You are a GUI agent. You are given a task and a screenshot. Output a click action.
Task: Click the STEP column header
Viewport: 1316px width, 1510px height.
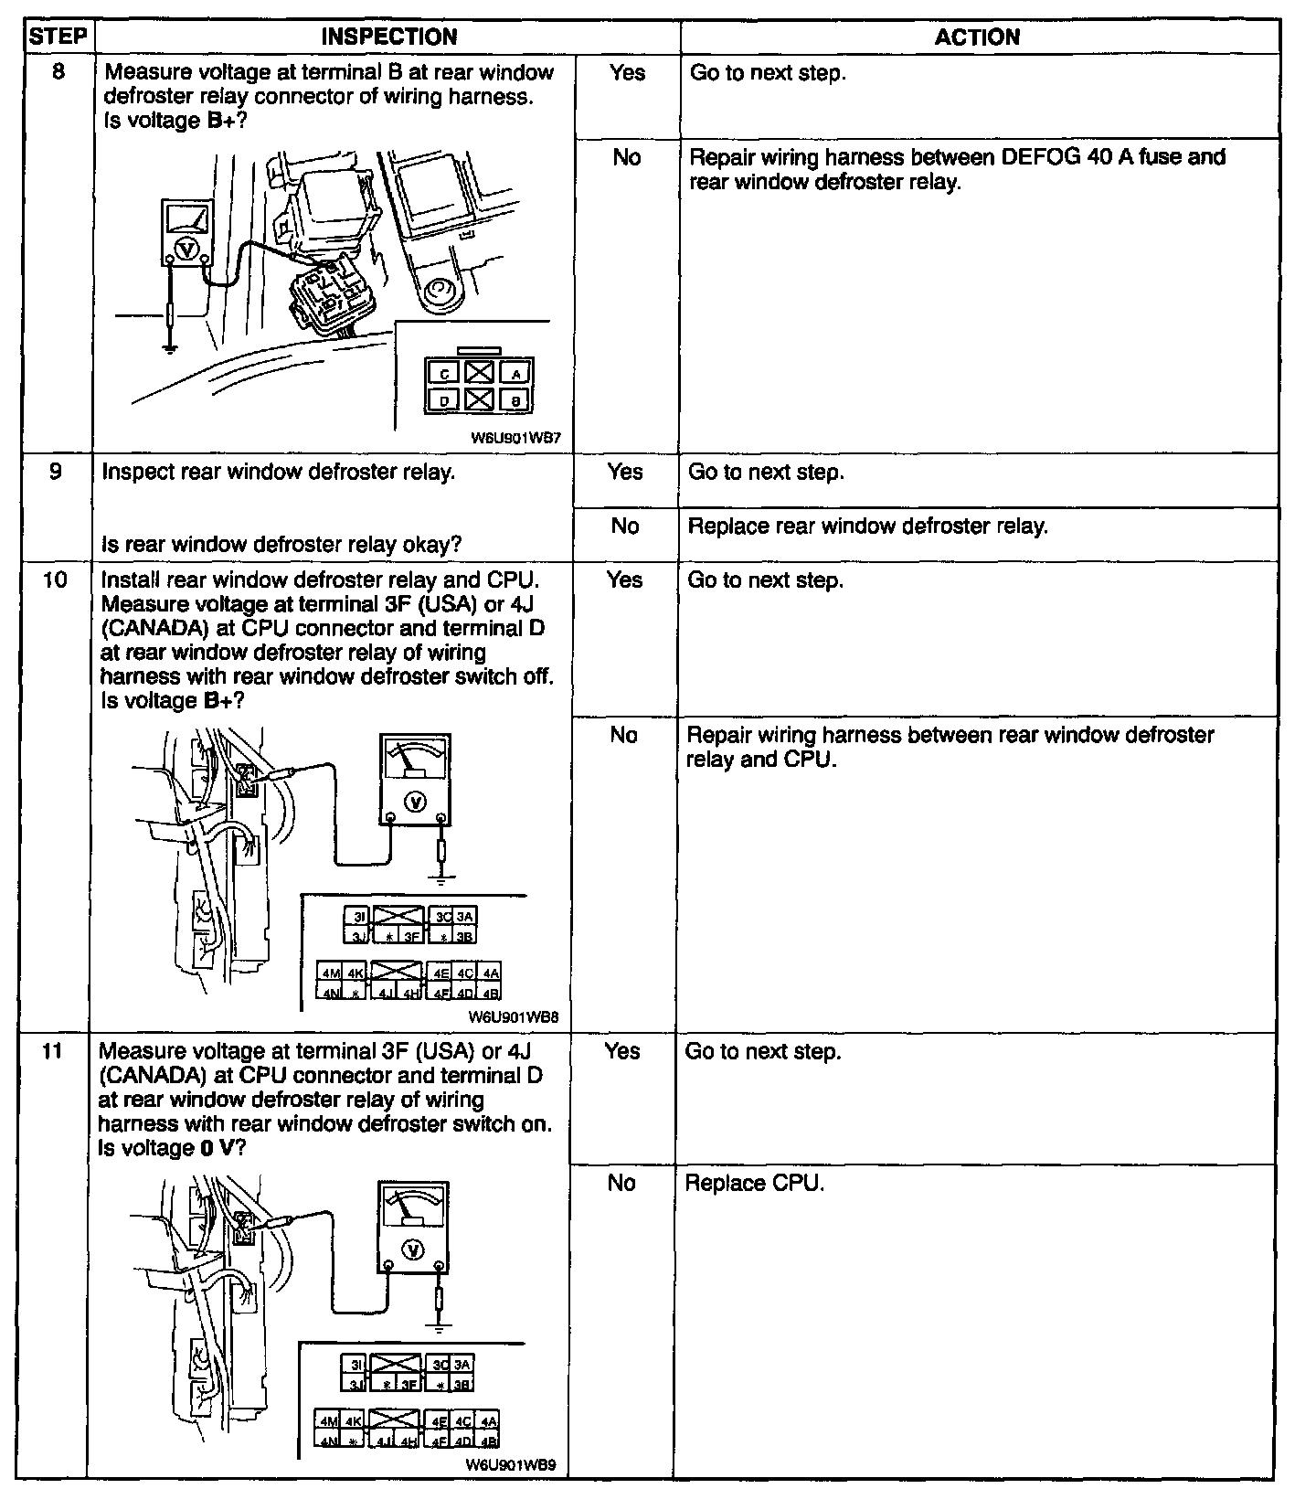(58, 37)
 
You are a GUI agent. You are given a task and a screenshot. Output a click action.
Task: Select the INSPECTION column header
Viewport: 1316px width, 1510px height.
(389, 37)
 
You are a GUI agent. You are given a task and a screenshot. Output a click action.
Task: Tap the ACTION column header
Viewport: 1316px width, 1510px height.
(977, 37)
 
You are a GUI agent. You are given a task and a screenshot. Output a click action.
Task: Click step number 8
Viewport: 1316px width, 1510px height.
(58, 72)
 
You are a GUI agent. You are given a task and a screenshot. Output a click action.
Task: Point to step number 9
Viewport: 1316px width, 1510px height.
(56, 472)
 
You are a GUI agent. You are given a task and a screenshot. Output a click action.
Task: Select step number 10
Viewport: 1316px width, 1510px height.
(56, 580)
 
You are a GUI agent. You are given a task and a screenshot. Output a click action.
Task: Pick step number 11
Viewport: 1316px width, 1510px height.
(53, 1051)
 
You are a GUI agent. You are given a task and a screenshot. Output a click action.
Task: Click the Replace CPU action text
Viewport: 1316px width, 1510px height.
(755, 1183)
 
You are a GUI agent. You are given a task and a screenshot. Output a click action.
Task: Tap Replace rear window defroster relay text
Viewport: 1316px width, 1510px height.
(867, 526)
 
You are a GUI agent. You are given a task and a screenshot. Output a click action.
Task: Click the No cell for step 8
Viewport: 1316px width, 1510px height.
(626, 158)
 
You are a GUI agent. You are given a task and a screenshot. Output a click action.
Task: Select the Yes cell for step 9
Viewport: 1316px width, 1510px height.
(625, 472)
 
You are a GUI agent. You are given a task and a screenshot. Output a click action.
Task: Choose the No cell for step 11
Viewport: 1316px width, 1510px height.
(621, 1183)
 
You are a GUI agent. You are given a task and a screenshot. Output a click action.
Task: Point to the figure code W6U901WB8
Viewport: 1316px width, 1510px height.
(514, 1016)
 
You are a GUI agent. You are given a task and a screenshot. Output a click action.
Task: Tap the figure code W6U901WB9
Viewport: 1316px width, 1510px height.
(511, 1490)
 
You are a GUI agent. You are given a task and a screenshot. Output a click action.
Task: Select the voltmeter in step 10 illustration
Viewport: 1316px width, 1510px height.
(416, 777)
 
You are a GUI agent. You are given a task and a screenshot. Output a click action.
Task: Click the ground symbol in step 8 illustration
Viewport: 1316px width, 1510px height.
(169, 346)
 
